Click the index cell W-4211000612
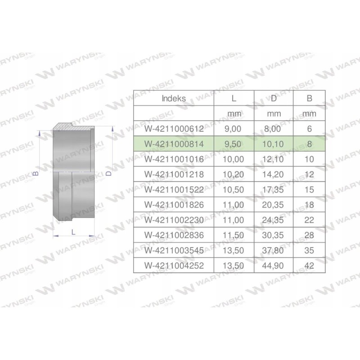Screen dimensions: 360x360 [174, 129]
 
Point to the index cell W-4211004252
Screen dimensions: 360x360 [174, 266]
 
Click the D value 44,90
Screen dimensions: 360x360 [274, 266]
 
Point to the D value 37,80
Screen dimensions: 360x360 [274, 251]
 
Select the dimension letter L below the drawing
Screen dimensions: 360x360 [73, 231]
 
